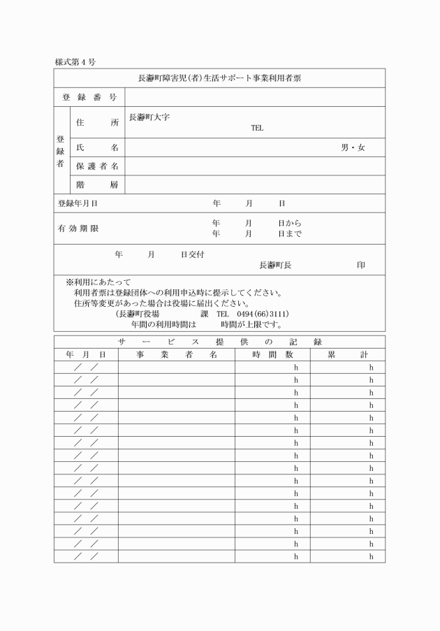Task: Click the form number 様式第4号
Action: point(75,62)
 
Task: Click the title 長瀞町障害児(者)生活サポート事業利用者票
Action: point(219,78)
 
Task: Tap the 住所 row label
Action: point(96,122)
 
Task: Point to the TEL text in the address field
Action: point(257,128)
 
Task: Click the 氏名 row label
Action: point(96,147)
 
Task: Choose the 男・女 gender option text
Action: point(353,147)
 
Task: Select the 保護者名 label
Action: point(96,166)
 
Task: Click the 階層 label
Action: point(96,184)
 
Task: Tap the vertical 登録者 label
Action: point(61,150)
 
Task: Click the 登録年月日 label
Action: point(78,203)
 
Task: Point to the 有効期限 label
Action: point(78,229)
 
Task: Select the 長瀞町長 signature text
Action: point(275,265)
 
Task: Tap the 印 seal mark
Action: point(360,265)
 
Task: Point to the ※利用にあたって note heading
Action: point(98,282)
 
